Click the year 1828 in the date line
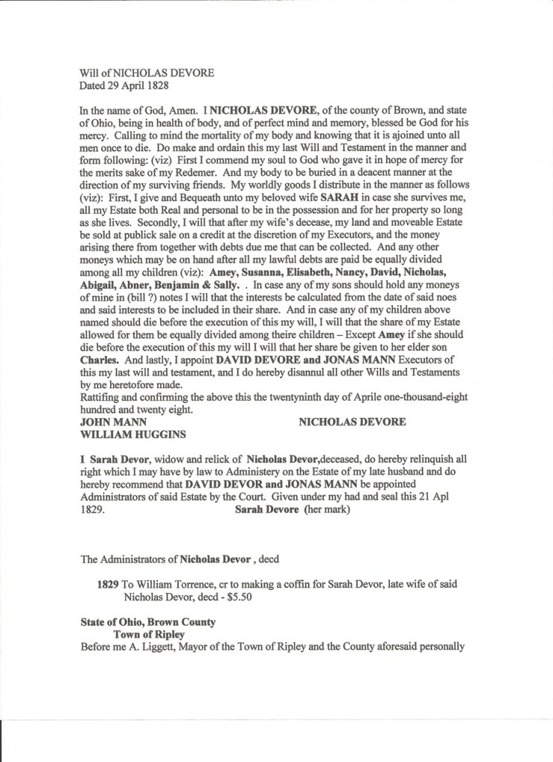(156, 85)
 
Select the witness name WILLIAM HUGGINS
(132, 434)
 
